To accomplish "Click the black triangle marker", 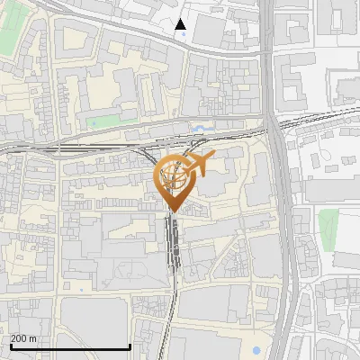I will click(181, 24).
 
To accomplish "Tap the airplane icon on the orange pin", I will click(201, 163).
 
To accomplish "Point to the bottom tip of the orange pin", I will click(172, 212).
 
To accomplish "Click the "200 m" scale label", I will click(23, 338).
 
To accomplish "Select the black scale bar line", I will click(70, 346).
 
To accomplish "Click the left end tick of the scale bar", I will click(11, 346).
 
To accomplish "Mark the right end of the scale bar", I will click(130, 346).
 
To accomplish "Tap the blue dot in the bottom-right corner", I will click(256, 349).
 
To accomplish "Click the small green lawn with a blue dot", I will click(105, 120).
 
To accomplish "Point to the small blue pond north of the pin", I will click(200, 130).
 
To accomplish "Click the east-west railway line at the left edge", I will click(18, 144).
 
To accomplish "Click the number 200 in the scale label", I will click(19, 338).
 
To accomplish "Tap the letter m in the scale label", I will click(32, 338).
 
